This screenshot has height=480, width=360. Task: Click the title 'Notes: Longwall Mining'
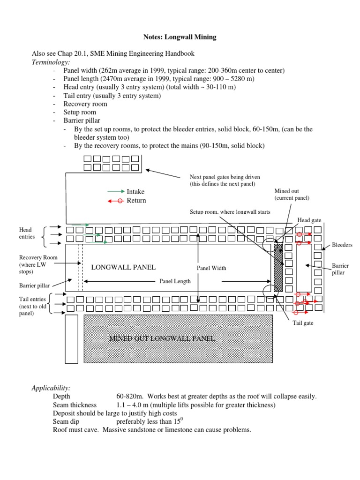pyautogui.click(x=180, y=37)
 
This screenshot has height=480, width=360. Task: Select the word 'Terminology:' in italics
pyautogui.click(x=51, y=62)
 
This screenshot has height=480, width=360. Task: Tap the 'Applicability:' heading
pyautogui.click(x=51, y=388)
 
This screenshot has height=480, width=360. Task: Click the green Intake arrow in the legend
pyautogui.click(x=116, y=192)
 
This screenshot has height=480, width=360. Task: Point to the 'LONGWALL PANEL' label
pyautogui.click(x=123, y=267)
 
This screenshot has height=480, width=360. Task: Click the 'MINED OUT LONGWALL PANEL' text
pyautogui.click(x=162, y=338)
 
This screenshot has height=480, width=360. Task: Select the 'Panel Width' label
pyautogui.click(x=211, y=268)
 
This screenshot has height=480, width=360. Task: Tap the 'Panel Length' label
pyautogui.click(x=175, y=281)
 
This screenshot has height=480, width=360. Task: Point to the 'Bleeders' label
pyautogui.click(x=342, y=245)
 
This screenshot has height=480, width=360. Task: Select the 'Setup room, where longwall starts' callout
pyautogui.click(x=230, y=212)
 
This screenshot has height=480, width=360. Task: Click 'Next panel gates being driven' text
pyautogui.click(x=224, y=177)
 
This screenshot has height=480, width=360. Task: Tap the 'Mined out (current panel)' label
pyautogui.click(x=292, y=195)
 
